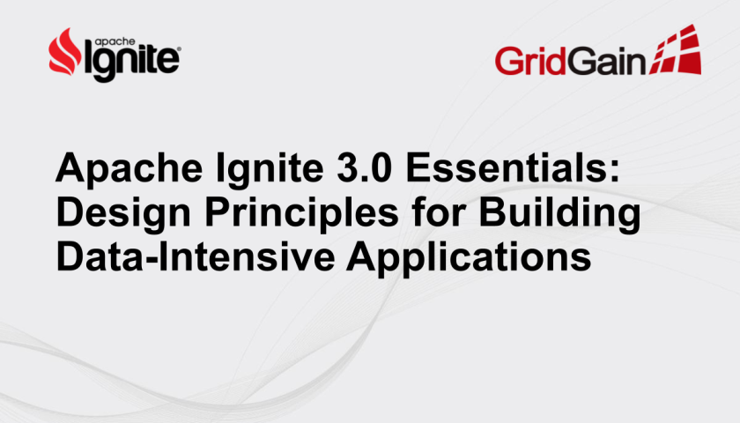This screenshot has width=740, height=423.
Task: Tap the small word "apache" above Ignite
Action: pos(115,41)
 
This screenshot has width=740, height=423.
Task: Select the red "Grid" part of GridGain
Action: pos(530,61)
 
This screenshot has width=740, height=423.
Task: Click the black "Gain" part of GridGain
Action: pos(605,61)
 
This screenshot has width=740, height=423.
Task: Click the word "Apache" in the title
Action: pos(129,169)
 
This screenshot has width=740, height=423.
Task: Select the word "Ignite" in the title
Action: pos(270,169)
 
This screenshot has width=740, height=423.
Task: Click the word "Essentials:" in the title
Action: pos(512,167)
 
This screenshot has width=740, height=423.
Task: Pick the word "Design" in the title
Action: pos(123,213)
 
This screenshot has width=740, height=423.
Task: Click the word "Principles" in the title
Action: pos(301,213)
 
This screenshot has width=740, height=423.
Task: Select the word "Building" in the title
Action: pos(560,213)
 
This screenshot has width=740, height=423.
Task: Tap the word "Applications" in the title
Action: pos(469,257)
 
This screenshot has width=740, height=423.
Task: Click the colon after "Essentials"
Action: pos(613,170)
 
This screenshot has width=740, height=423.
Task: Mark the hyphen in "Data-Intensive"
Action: pos(151,260)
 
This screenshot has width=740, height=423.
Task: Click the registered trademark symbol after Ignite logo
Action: pos(178,49)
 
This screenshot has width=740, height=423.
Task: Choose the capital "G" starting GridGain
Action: pos(507,61)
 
